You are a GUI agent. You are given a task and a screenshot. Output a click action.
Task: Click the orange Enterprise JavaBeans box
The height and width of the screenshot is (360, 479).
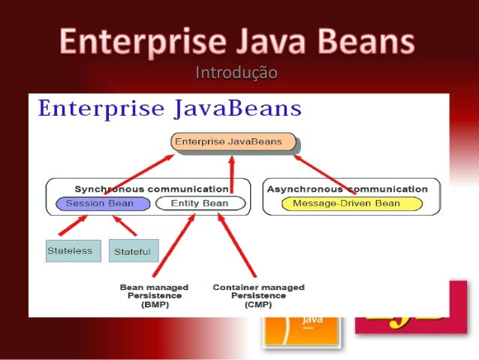click(x=233, y=141)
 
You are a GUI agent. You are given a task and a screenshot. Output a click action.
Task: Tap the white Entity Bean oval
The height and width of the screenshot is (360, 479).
click(x=199, y=204)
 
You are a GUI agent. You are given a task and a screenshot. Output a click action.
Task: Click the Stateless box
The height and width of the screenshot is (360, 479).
click(x=73, y=250)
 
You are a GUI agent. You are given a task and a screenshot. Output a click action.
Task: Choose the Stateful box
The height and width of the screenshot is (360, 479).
click(x=134, y=251)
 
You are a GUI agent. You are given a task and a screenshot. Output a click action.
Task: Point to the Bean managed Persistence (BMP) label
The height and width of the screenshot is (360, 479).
click(x=154, y=296)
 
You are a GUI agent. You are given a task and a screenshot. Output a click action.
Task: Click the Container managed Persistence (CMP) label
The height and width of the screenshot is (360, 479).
click(x=258, y=296)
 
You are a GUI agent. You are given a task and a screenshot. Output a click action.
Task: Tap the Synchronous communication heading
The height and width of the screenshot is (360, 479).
click(x=151, y=189)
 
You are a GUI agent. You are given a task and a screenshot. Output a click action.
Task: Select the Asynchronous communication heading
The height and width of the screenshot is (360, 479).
click(x=347, y=189)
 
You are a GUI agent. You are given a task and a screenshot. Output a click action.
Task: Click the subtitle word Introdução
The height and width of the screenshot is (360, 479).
click(x=236, y=73)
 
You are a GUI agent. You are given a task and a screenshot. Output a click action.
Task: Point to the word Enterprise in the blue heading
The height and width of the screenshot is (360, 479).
click(x=92, y=110)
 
